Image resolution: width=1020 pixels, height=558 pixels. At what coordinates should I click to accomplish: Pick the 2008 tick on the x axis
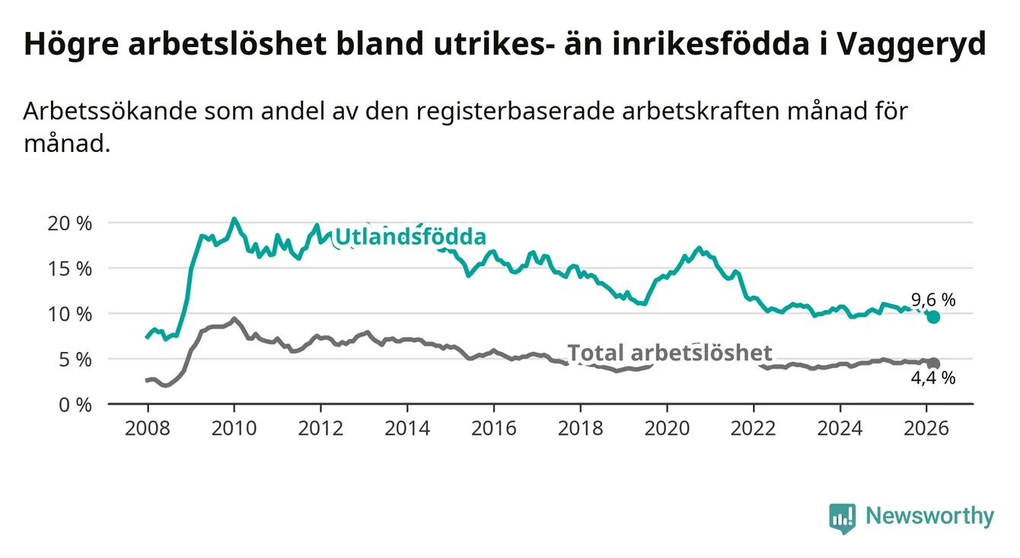147,426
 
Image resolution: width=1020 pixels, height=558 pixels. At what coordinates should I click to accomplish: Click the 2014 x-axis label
407,426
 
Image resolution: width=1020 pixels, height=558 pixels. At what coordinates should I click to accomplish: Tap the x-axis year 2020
667,426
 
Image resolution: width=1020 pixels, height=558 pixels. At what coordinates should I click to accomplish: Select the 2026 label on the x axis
927,426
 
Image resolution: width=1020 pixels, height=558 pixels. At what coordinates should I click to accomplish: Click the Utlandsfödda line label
410,236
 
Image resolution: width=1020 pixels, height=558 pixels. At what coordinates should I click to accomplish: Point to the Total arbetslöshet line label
670,353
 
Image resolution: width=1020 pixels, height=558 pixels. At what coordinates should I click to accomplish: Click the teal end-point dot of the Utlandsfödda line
933,317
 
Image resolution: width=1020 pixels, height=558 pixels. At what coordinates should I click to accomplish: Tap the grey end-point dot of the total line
933,364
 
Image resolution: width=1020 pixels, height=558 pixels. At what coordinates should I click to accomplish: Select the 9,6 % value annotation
932,300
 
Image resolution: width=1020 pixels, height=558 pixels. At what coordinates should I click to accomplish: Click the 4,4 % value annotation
932,378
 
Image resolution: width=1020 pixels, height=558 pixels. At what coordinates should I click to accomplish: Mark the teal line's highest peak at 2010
234,219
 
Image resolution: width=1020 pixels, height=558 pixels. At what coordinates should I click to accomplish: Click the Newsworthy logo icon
842,518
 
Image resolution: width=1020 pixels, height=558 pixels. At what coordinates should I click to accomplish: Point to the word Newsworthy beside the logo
929,517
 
